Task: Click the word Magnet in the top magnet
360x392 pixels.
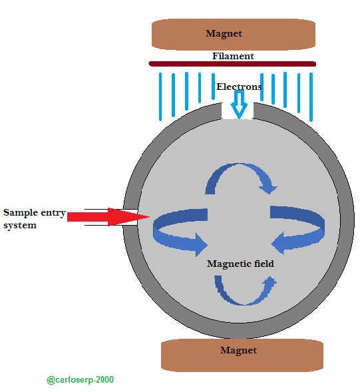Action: click(x=224, y=34)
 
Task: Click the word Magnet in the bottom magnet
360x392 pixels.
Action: click(x=238, y=351)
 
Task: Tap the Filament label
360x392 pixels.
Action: click(x=233, y=56)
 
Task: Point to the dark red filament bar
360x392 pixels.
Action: click(x=232, y=64)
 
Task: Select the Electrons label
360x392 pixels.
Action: click(x=239, y=87)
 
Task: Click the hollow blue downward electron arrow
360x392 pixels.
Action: click(x=240, y=104)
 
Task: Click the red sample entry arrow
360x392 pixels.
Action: click(x=108, y=217)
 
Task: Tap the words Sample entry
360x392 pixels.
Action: click(x=35, y=213)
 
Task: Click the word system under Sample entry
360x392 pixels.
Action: click(x=20, y=226)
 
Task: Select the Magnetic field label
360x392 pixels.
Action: click(x=240, y=264)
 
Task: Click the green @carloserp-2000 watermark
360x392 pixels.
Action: click(x=80, y=380)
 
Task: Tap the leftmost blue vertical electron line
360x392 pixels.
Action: click(x=160, y=97)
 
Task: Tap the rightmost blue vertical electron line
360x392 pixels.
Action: click(x=311, y=97)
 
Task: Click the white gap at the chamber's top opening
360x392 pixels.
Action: click(x=238, y=110)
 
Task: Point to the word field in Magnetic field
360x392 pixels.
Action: click(x=264, y=264)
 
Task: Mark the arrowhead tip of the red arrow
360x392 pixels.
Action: click(x=150, y=217)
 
